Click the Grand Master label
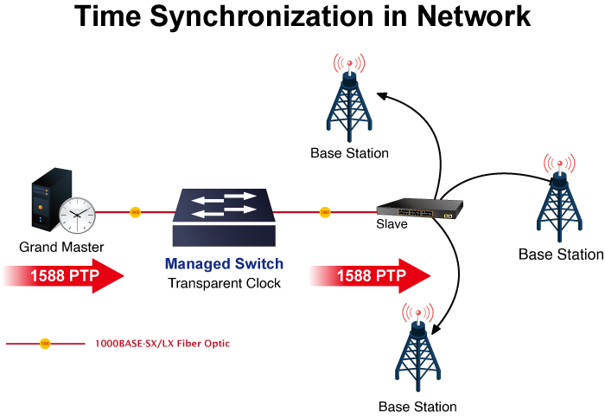point(61,248)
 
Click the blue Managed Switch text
point(224,264)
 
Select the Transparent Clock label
point(224,283)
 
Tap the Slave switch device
point(419,209)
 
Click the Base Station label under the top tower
point(349,153)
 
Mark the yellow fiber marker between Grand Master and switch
point(135,211)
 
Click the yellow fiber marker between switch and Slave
point(325,211)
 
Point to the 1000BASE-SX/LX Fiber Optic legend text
point(162,344)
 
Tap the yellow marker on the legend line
point(45,344)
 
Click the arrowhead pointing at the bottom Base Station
point(436,330)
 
